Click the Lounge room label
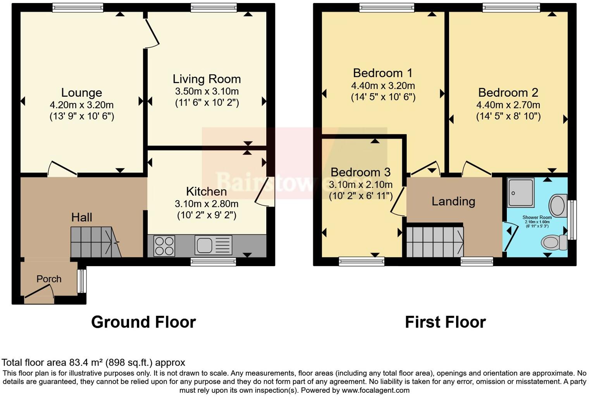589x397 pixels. pyautogui.click(x=81, y=92)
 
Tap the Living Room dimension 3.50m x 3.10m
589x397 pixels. pyautogui.click(x=207, y=92)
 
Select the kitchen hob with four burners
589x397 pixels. pyautogui.click(x=164, y=246)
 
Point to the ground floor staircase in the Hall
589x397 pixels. pyautogui.click(x=94, y=242)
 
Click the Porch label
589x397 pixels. pyautogui.click(x=49, y=279)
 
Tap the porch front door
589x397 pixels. pyautogui.click(x=39, y=293)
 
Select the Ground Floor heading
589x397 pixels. pyautogui.click(x=143, y=322)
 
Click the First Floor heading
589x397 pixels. pyautogui.click(x=445, y=322)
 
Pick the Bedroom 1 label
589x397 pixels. pyautogui.click(x=382, y=73)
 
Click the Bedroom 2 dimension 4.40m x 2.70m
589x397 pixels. pyautogui.click(x=508, y=105)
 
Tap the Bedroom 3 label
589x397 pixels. pyautogui.click(x=360, y=172)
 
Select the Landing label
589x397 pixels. pyautogui.click(x=453, y=201)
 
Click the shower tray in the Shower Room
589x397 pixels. pyautogui.click(x=521, y=192)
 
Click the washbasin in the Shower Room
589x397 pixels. pyautogui.click(x=558, y=205)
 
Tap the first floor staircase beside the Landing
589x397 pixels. pyautogui.click(x=435, y=242)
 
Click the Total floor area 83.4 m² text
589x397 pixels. pyautogui.click(x=93, y=363)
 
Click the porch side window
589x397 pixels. pyautogui.click(x=82, y=281)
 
